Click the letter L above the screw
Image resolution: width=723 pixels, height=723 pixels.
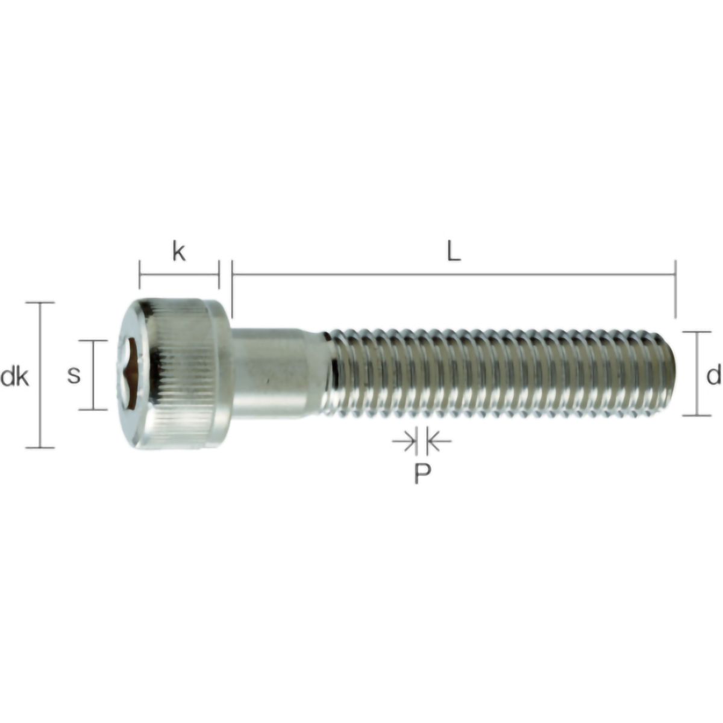tap(453, 252)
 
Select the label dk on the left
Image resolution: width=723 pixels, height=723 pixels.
tap(14, 377)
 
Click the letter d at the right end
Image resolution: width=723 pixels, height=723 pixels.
tap(713, 376)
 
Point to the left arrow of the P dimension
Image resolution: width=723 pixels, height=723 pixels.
tap(405, 442)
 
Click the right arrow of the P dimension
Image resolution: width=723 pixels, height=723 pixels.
tap(438, 442)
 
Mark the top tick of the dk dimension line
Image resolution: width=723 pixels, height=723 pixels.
tap(40, 302)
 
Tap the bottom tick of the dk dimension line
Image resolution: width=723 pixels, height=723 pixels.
tap(40, 448)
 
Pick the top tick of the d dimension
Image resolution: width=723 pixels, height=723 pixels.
tap(697, 332)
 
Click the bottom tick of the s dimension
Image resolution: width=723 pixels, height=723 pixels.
tap(93, 410)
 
